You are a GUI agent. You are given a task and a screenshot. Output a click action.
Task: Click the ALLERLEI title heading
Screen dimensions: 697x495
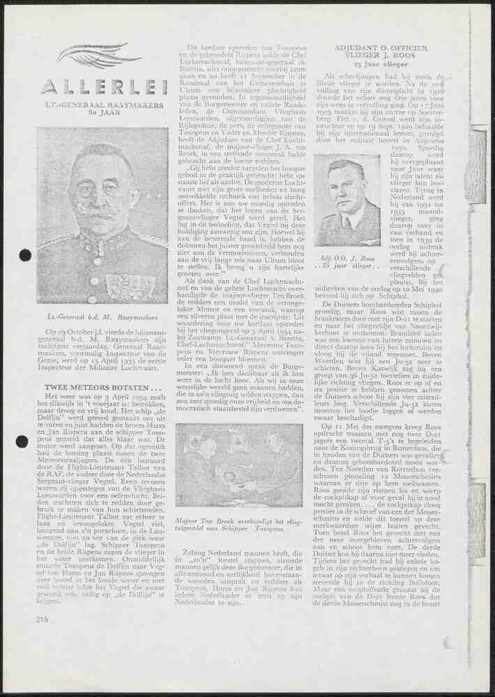click(104, 86)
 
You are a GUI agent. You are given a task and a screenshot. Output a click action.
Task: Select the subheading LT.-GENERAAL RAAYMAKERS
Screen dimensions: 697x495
click(104, 105)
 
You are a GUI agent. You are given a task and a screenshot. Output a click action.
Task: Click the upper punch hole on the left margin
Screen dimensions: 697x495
click(25, 255)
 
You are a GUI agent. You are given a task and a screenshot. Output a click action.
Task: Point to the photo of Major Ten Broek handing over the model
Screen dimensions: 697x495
click(238, 465)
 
